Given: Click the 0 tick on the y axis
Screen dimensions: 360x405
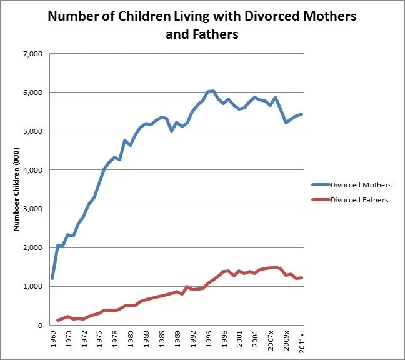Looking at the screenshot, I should [39, 325].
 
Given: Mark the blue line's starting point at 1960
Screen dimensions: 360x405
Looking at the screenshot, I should [52, 278].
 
